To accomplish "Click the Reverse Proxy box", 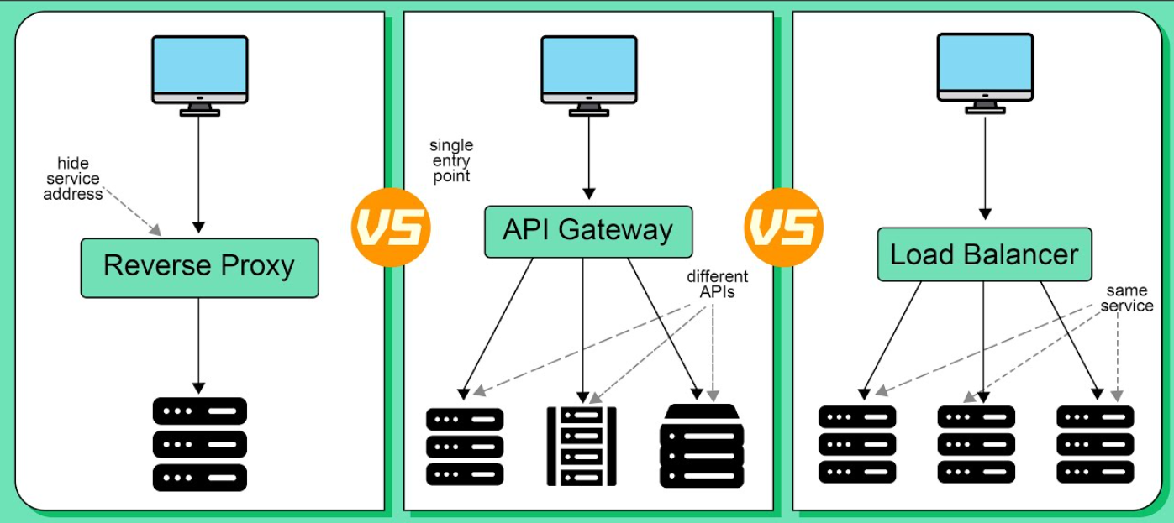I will (199, 267).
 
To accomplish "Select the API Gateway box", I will (588, 231).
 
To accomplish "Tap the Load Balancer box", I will (984, 254).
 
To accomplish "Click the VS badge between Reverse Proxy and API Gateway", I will (391, 228).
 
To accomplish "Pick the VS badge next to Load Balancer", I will (784, 228).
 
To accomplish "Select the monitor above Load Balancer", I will (985, 71).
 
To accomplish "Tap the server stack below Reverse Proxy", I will (199, 444).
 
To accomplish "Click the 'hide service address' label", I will (74, 179).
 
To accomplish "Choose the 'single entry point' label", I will (450, 161).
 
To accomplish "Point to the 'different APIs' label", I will (717, 285).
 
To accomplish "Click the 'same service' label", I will (1127, 298).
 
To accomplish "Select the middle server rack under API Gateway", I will (582, 446).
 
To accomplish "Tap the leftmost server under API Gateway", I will (465, 446).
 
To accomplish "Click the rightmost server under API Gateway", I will (703, 445).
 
